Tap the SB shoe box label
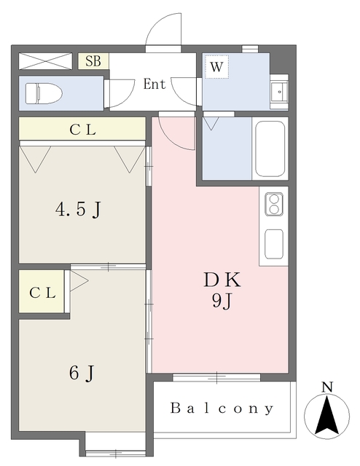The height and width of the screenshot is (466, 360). pos(93,60)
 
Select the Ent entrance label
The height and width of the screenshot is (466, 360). pos(154,84)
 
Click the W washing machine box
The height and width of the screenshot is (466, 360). pos(216,67)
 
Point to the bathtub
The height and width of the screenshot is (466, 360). pos(270,149)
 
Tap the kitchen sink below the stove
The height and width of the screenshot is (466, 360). pos(274,243)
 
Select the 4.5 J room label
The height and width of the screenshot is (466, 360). pos(78,210)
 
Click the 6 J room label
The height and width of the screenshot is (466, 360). pos(81,372)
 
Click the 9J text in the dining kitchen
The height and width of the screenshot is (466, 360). pos(222,300)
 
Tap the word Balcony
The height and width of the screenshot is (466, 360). pos(222,408)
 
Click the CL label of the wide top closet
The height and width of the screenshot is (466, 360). pos(82,130)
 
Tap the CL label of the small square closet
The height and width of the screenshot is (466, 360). pos(42,293)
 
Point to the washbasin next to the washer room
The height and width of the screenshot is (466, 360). pos(278,92)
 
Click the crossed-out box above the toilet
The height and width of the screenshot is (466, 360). pos(45,60)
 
